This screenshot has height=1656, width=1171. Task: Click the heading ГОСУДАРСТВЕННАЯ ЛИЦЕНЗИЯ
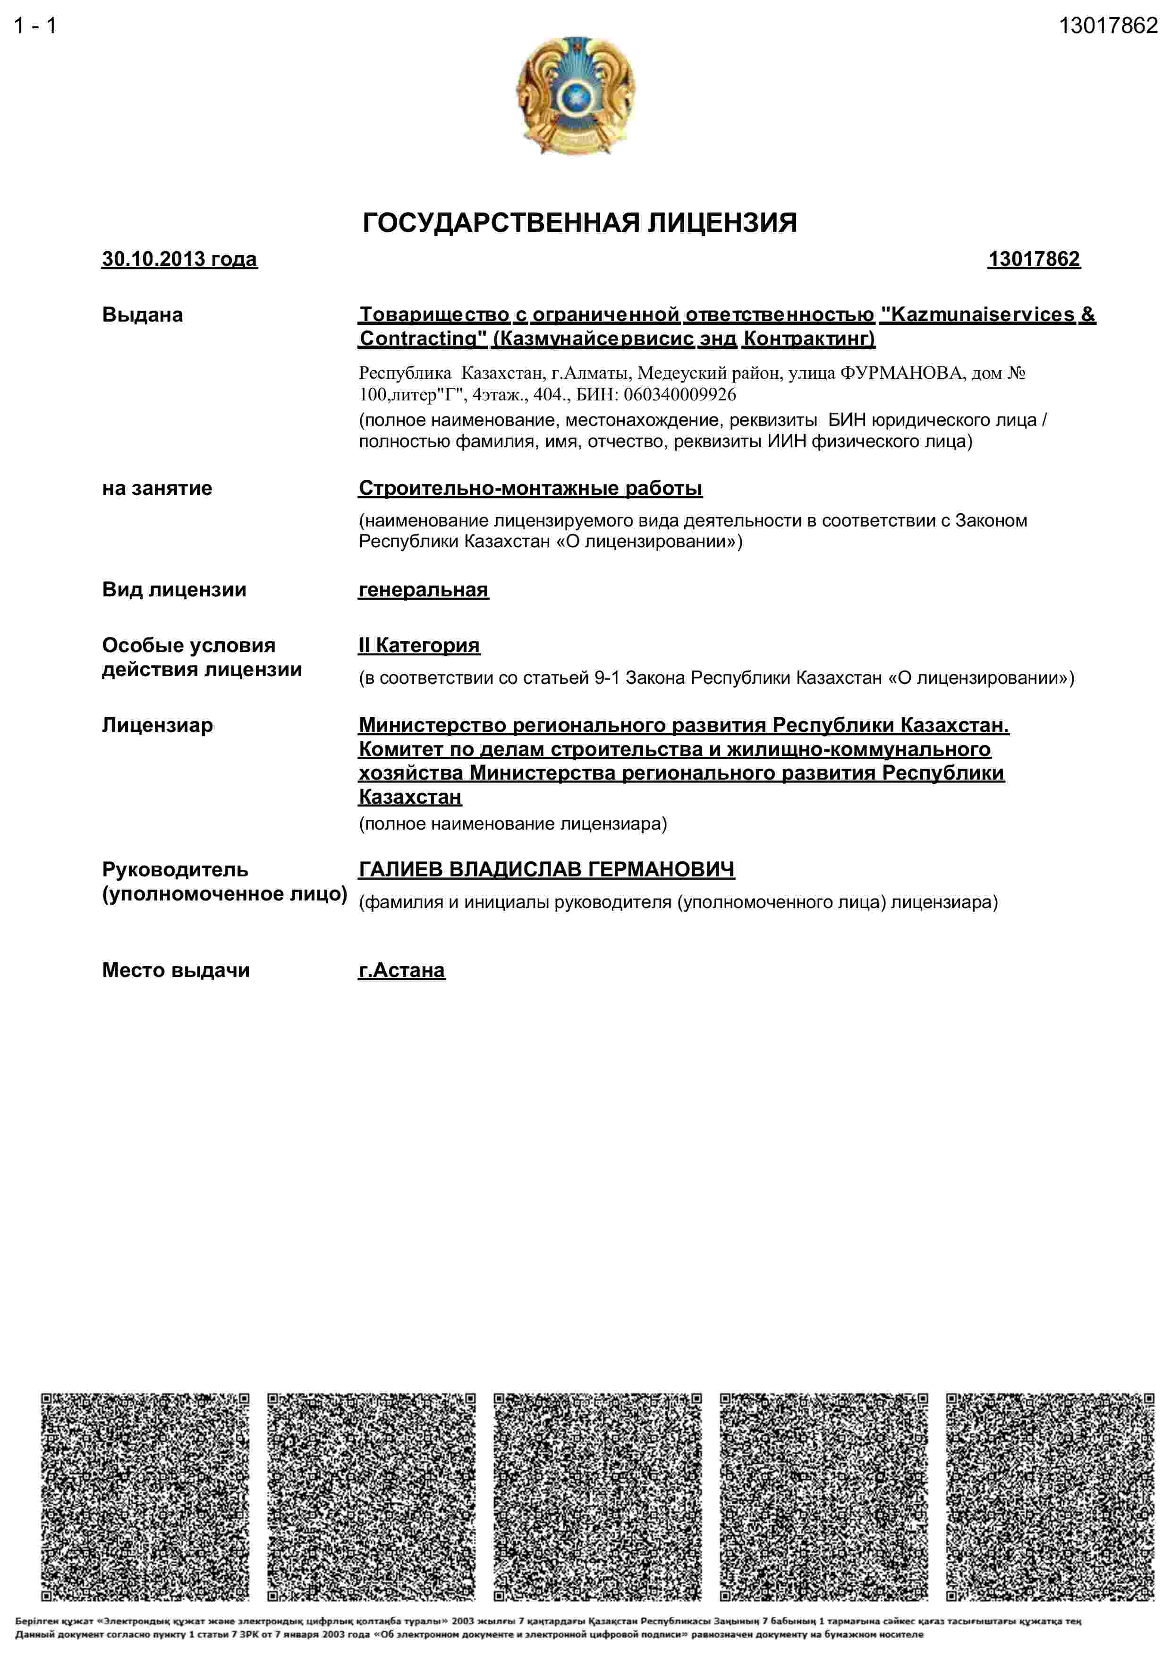click(579, 223)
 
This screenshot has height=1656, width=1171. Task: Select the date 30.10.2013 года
click(179, 259)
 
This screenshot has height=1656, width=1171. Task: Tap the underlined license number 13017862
click(1033, 259)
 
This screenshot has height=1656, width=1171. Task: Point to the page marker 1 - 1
click(34, 26)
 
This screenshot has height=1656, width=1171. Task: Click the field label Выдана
click(142, 315)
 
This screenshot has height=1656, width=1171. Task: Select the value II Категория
click(419, 645)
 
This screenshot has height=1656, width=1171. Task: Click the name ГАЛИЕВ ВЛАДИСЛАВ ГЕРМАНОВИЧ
click(546, 870)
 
